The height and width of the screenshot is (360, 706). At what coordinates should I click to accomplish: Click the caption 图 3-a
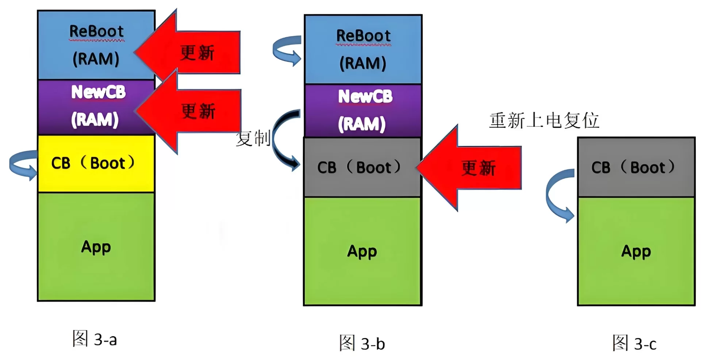coord(95,339)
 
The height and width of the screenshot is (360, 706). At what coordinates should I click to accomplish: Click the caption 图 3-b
coord(362,343)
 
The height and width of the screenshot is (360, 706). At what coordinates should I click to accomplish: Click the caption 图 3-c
coord(634,343)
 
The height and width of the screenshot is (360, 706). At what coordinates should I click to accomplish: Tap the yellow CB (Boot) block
coord(96,164)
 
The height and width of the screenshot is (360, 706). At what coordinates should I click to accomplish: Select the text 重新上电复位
coord(544,120)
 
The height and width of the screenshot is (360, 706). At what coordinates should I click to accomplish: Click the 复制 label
coord(253,138)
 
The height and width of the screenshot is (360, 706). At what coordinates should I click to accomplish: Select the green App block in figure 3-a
coord(96,247)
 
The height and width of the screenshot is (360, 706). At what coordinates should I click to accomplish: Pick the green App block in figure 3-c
coord(636,251)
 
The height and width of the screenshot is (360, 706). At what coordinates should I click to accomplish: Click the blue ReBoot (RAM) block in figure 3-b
coord(363,49)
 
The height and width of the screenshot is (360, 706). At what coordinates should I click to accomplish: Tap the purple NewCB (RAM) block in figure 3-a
coord(96,107)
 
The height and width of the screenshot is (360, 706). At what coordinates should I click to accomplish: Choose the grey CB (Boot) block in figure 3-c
coord(636,167)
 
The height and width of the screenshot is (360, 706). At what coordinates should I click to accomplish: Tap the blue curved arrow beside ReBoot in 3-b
coord(287,50)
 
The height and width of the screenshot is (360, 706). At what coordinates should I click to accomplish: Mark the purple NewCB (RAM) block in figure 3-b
coord(363,110)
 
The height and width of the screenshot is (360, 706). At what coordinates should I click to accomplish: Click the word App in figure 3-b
coord(362,251)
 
